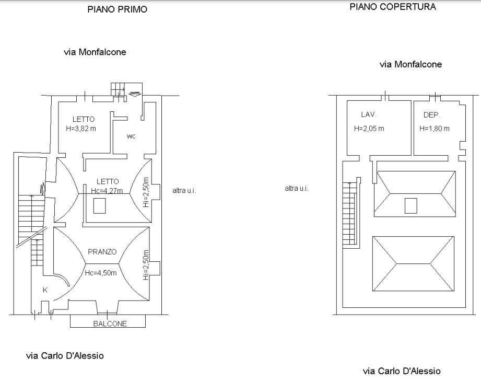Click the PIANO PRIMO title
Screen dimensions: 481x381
(x=117, y=9)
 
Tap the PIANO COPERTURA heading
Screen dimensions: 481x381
(x=393, y=7)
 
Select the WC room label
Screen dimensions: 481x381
(x=131, y=136)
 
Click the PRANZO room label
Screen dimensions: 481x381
(x=102, y=252)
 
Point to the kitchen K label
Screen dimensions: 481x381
(x=45, y=290)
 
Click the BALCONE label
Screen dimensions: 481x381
(x=110, y=324)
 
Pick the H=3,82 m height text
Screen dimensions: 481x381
(x=81, y=129)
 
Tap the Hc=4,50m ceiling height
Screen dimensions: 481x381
(x=101, y=273)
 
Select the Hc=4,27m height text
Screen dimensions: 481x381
(x=107, y=191)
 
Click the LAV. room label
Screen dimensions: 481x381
(x=369, y=115)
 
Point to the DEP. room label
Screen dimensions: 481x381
(x=432, y=115)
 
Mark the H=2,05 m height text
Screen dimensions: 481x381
(x=369, y=129)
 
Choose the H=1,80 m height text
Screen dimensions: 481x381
(x=435, y=129)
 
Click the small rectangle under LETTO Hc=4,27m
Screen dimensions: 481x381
(x=99, y=206)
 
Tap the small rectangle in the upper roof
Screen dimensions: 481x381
(x=410, y=206)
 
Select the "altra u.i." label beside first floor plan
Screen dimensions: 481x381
(x=184, y=190)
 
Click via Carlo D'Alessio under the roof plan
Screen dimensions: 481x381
(x=402, y=371)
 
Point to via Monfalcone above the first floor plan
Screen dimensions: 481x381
(x=95, y=52)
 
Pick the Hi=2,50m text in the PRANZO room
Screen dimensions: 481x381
(x=146, y=265)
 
